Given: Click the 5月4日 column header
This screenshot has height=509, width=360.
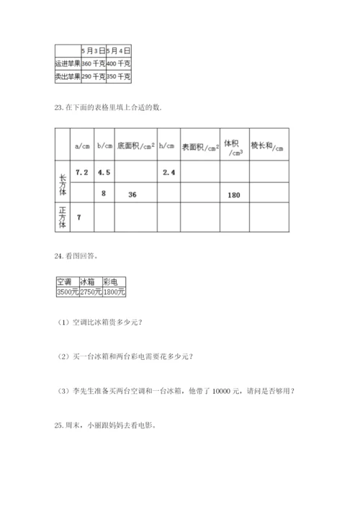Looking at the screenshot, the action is click(118, 51).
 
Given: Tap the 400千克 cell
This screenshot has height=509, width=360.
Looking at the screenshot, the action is click(118, 63).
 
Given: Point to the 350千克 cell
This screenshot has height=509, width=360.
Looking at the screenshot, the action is click(118, 76).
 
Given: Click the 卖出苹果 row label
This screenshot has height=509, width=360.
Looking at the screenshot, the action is click(68, 76).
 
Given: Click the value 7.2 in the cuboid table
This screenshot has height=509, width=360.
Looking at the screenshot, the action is click(81, 173).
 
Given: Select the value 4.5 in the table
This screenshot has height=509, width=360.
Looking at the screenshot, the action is click(104, 173).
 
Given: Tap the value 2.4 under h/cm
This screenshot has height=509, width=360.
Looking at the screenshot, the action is click(170, 173).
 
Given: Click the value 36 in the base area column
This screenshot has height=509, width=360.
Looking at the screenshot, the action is click(132, 195).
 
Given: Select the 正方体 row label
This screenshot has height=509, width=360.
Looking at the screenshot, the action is click(62, 217).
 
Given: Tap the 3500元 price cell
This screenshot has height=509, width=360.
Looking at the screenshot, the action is click(67, 292).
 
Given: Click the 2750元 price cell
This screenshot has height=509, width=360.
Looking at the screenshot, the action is click(90, 292).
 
